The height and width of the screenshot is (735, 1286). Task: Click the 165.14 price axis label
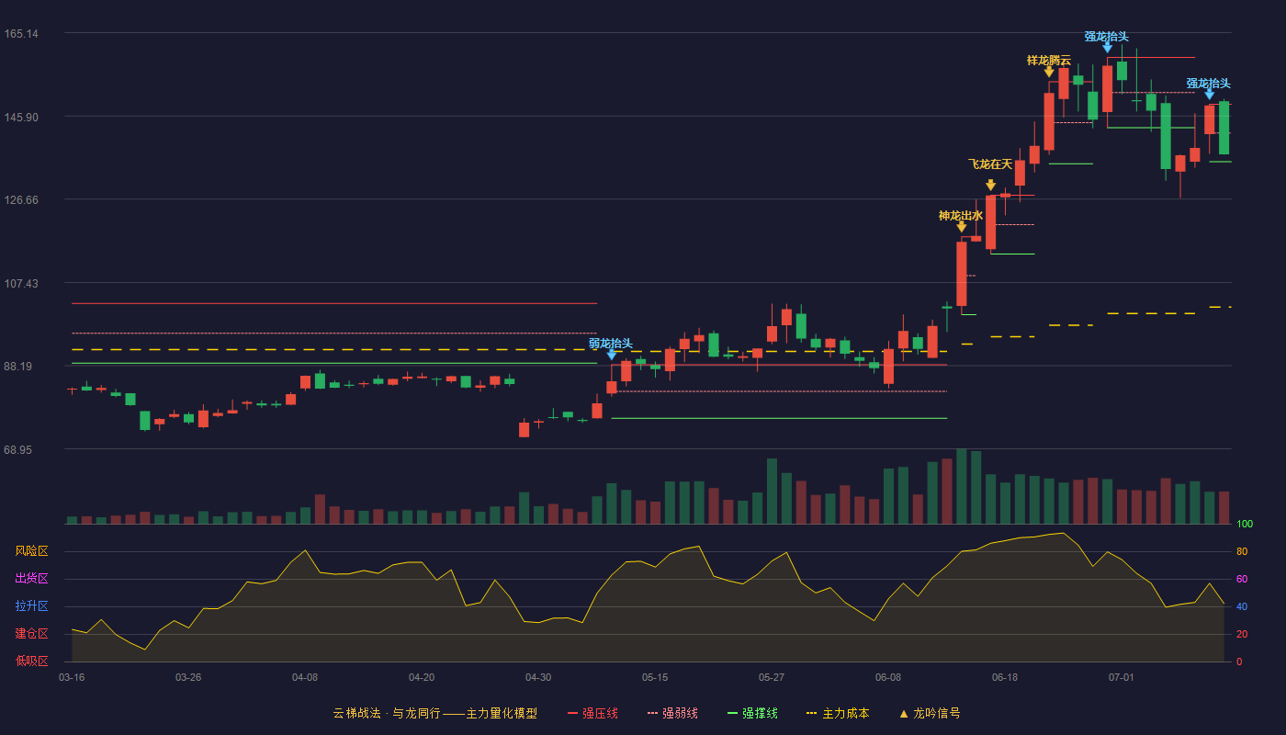[x=21, y=34]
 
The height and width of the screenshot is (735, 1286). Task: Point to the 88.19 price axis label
[x=18, y=367]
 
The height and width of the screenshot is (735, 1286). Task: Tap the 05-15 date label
[x=655, y=678]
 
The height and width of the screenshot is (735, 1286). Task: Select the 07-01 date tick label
[x=1122, y=678]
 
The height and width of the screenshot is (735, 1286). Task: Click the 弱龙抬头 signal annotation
[x=610, y=344]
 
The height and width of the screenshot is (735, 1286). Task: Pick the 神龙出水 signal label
[x=961, y=215]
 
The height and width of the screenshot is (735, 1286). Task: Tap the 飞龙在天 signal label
[x=990, y=164]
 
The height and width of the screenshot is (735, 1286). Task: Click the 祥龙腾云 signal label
[x=1049, y=61]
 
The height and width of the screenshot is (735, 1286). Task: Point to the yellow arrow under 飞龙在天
[x=991, y=185]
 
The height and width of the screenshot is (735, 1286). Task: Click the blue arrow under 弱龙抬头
[x=612, y=355]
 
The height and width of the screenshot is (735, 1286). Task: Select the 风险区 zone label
[x=31, y=551]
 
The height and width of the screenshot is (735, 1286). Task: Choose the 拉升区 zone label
[x=31, y=605]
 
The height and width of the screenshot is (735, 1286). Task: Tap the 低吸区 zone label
[x=31, y=661]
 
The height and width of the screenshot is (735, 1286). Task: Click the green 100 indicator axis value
[x=1245, y=524]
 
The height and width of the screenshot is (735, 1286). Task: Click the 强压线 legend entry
[x=592, y=713]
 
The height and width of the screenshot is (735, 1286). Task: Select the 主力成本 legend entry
[x=838, y=713]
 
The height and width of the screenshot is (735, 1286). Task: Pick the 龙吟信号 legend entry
[x=930, y=713]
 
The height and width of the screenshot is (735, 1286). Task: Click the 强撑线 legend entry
[x=752, y=713]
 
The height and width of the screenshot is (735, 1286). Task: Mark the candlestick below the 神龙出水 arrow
[x=962, y=274]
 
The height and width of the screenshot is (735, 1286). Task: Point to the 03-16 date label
[x=72, y=678]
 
